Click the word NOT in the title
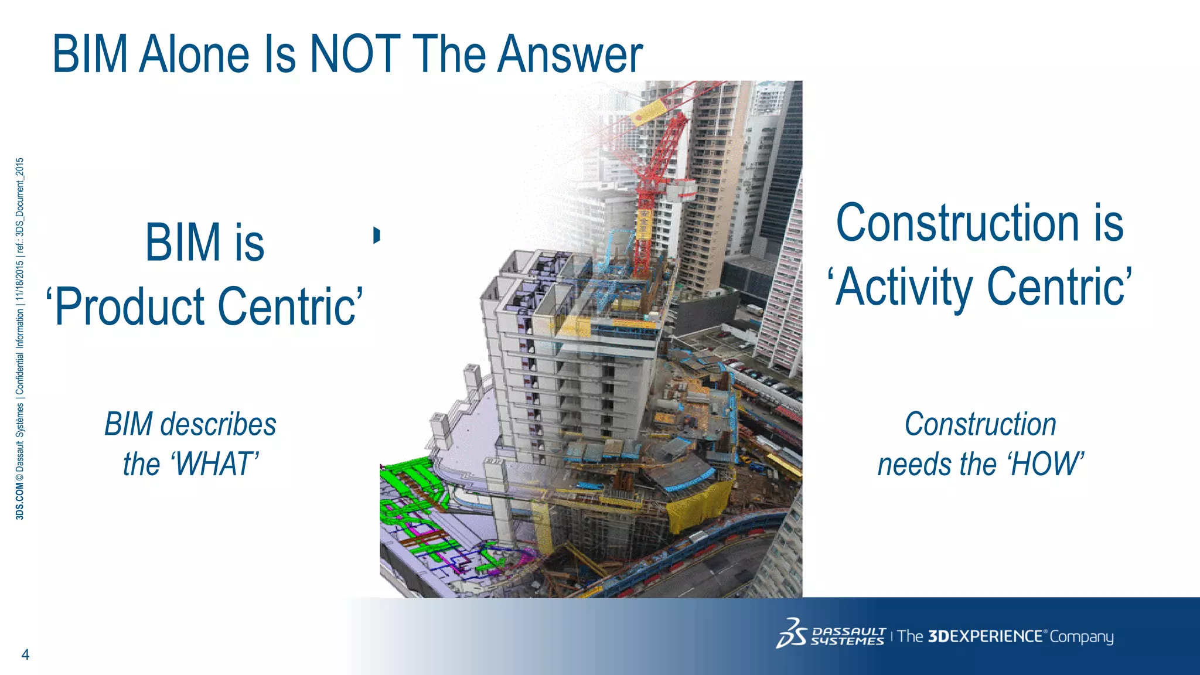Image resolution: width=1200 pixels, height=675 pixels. click(x=354, y=54)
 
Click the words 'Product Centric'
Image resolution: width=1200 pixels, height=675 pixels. click(x=205, y=306)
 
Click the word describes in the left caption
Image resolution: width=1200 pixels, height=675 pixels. click(x=218, y=424)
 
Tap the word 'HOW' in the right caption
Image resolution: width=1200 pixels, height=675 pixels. click(x=1046, y=464)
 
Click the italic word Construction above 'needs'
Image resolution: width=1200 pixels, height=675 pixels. click(x=980, y=424)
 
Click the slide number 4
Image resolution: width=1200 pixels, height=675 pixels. click(x=25, y=654)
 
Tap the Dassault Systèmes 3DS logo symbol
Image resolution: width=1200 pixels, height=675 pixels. click(x=791, y=634)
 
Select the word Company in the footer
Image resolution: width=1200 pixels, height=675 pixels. click(x=1081, y=637)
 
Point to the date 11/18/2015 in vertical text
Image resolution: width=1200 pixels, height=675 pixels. click(x=20, y=280)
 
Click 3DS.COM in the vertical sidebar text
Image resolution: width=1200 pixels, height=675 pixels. click(x=20, y=502)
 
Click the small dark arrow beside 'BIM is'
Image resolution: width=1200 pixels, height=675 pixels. click(x=377, y=234)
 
